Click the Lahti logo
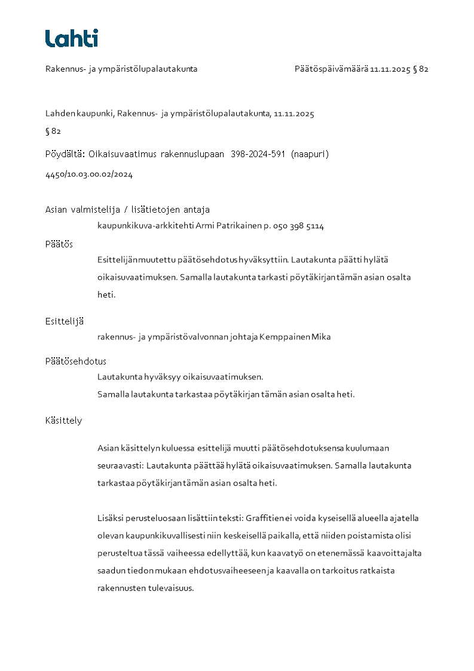[72, 38]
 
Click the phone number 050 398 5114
[298, 226]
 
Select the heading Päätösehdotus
[76, 361]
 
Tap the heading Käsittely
[63, 421]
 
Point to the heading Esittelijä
[65, 321]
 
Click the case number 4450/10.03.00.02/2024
[89, 174]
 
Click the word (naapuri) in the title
[310, 154]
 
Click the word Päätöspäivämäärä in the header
[331, 69]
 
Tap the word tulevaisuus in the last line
[173, 588]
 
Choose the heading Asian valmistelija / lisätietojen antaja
[128, 210]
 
